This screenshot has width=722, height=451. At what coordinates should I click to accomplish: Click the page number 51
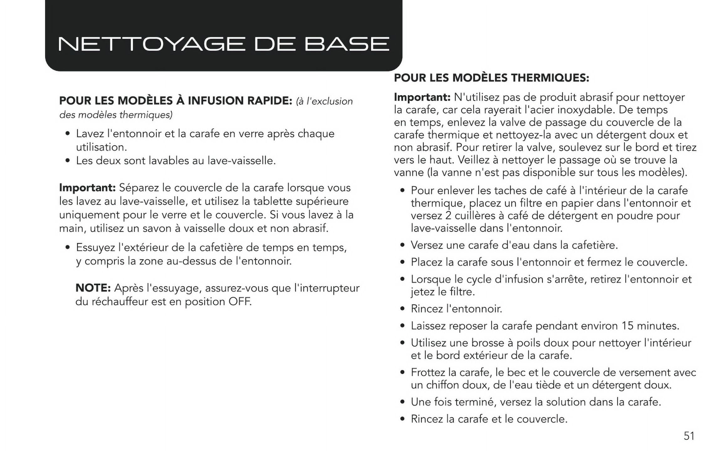click(689, 436)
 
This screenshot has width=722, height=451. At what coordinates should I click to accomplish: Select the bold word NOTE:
click(93, 288)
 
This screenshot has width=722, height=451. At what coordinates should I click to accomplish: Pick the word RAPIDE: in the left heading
click(270, 101)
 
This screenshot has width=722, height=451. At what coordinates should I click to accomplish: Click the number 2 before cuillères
click(448, 215)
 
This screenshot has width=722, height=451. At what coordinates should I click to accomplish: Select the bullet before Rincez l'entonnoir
click(403, 309)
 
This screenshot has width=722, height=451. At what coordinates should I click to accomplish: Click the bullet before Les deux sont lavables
click(68, 161)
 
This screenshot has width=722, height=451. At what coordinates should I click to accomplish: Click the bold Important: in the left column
click(87, 188)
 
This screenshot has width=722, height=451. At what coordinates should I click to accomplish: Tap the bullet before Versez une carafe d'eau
click(403, 245)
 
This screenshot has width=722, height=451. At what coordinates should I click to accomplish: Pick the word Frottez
click(428, 372)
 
